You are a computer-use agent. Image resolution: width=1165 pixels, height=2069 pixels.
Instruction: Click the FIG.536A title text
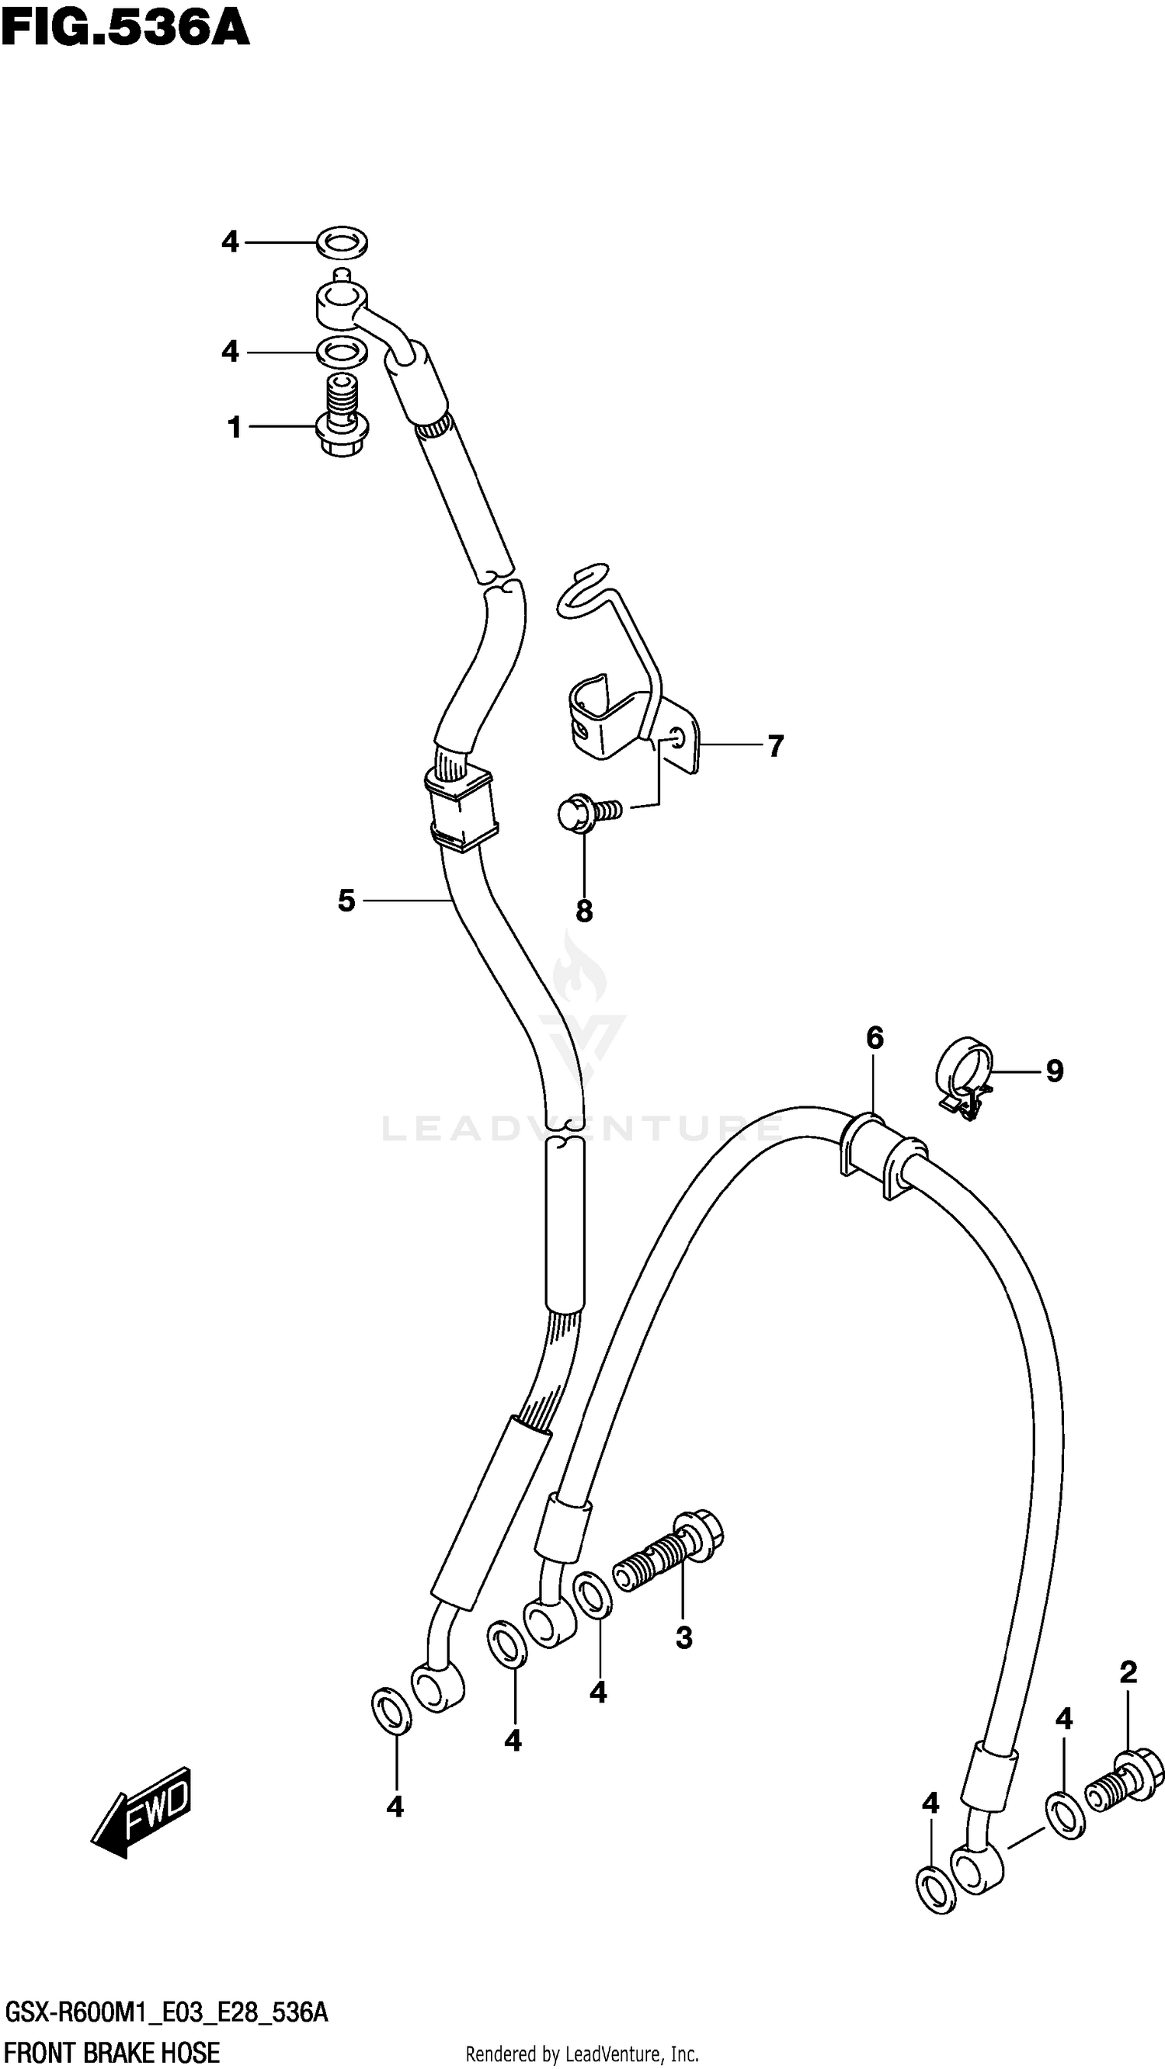click(125, 30)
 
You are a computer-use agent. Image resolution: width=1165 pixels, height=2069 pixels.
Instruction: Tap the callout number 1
click(234, 427)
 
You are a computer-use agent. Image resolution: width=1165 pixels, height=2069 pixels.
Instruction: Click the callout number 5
click(346, 901)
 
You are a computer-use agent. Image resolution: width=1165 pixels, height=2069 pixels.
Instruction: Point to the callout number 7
click(774, 746)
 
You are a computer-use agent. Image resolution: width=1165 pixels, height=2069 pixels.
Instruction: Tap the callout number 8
click(584, 911)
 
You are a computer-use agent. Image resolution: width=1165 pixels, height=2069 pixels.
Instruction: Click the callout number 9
click(1054, 1071)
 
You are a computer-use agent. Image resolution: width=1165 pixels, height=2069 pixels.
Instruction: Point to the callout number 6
click(875, 1038)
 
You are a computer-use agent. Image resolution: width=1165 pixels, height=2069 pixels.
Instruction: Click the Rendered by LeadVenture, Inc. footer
click(582, 2053)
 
